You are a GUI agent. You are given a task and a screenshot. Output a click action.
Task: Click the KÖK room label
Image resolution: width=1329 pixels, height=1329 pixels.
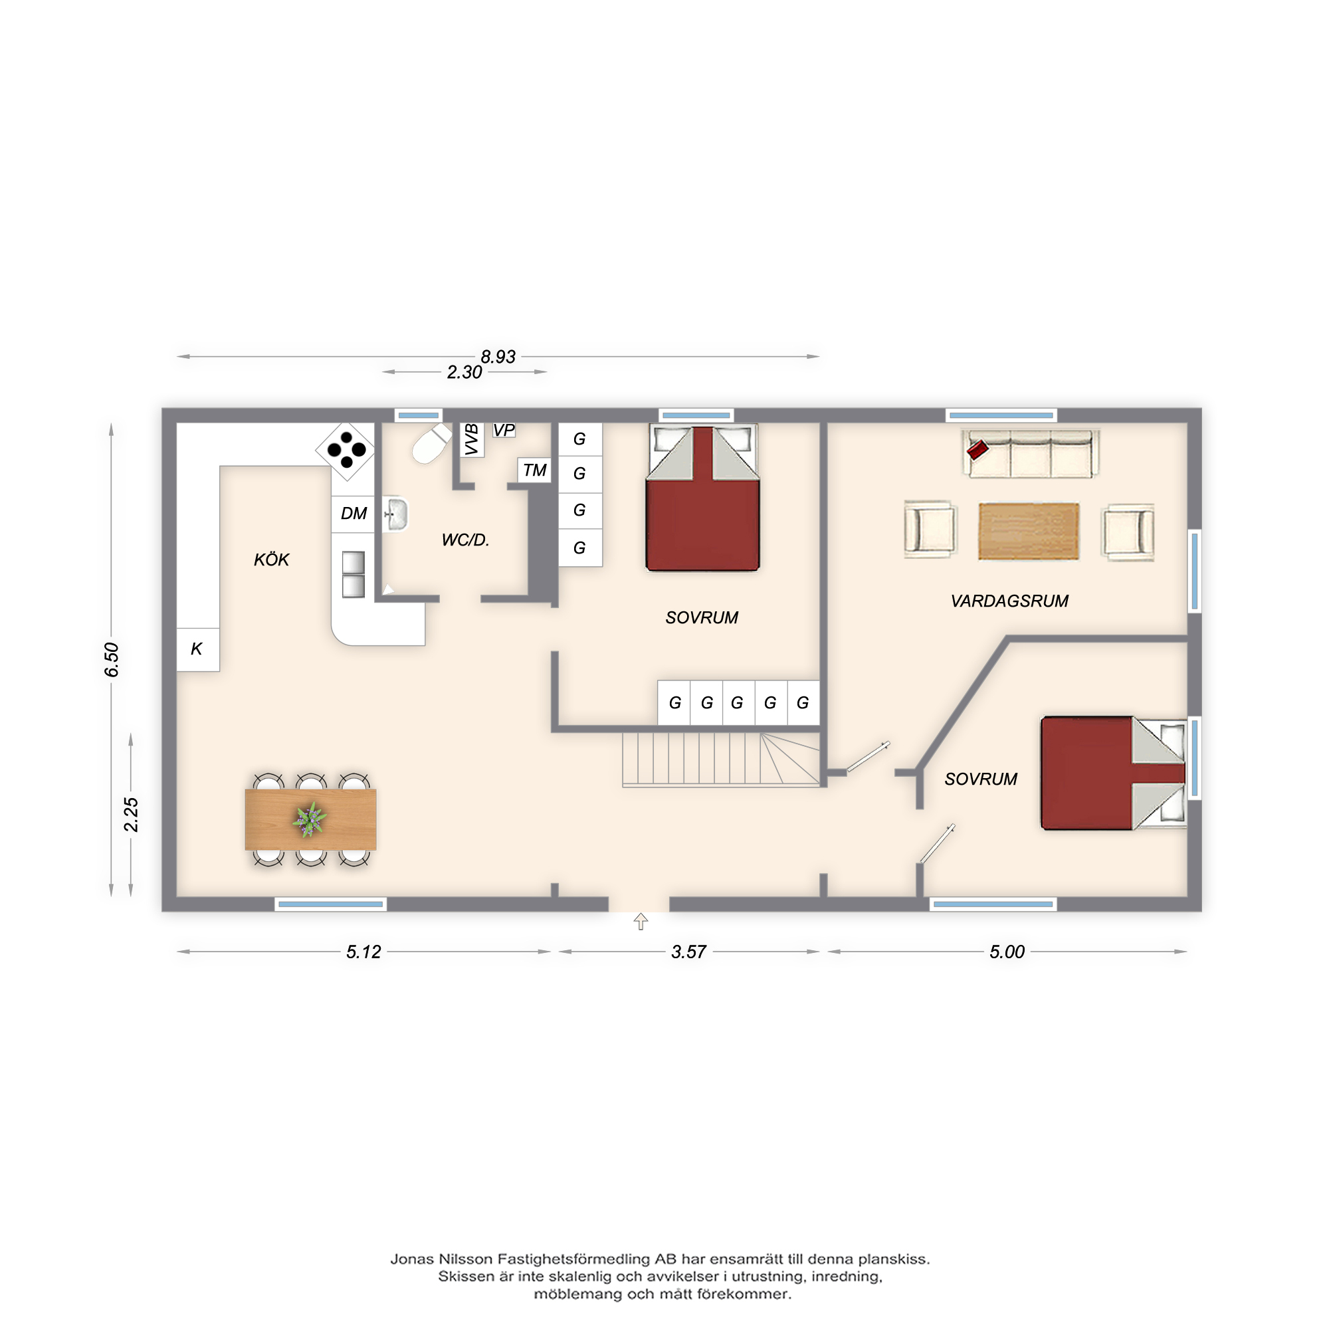(x=272, y=560)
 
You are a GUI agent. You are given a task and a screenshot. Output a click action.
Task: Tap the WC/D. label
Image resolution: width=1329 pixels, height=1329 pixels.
(x=466, y=541)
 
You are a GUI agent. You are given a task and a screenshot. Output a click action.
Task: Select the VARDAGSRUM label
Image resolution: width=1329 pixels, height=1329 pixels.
(x=1009, y=601)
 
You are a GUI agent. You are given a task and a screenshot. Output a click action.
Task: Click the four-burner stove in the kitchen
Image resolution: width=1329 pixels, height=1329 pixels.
(x=346, y=451)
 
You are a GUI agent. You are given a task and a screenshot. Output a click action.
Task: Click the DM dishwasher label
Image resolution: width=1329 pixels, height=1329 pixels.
(x=354, y=513)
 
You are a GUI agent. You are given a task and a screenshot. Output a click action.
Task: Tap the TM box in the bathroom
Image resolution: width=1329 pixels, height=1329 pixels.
(x=534, y=470)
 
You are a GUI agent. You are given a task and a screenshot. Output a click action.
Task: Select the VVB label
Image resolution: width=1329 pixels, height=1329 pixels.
(x=472, y=439)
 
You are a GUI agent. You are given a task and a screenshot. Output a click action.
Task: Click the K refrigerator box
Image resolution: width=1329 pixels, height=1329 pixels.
(x=198, y=649)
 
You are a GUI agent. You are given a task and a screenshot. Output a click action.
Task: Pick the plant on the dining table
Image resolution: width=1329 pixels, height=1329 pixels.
(x=310, y=819)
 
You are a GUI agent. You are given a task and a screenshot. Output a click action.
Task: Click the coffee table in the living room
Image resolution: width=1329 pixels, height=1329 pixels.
(x=1029, y=531)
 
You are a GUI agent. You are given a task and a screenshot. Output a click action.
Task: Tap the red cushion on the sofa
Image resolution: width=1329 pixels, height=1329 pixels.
(x=977, y=451)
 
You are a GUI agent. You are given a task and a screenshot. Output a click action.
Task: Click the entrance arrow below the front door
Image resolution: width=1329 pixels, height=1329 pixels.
(x=641, y=922)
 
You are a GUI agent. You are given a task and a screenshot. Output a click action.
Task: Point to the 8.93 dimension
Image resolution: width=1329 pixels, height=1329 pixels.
(x=498, y=357)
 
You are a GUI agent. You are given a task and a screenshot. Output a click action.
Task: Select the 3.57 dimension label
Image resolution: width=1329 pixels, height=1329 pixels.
(x=688, y=952)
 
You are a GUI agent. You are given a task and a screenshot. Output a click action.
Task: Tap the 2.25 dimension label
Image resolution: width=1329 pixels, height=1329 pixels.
(x=131, y=815)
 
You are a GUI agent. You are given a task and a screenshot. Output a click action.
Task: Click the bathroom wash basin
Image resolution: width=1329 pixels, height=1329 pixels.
(x=395, y=514)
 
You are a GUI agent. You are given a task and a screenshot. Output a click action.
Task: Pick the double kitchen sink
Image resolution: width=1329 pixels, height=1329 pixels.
(x=354, y=574)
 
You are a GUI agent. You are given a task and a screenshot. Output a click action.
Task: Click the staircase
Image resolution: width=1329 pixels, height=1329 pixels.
(x=722, y=759)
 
